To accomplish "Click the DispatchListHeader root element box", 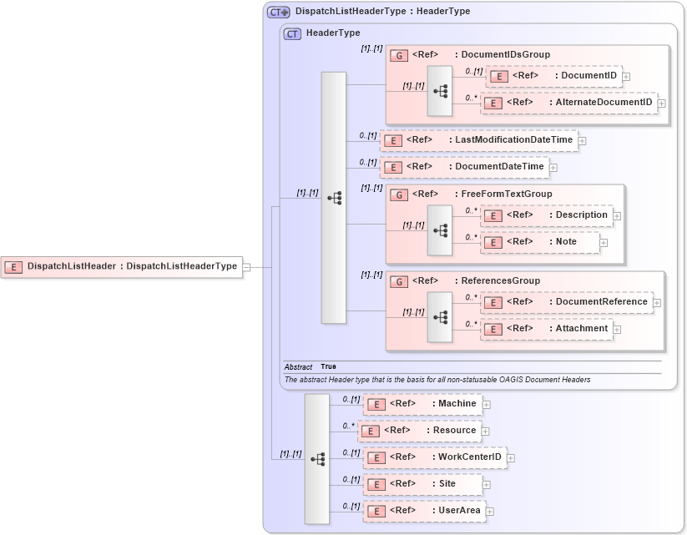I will coord(122,267).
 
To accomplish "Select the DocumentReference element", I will coord(567,302).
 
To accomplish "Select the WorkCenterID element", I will coord(434,457).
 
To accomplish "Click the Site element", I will coord(422,484).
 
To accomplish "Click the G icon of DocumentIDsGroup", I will coord(399,55).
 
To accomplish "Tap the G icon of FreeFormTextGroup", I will coord(399,194).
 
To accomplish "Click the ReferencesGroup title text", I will coord(501,280).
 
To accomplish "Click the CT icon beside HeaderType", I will coord(292,33).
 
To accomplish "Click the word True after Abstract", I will coord(329,366).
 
